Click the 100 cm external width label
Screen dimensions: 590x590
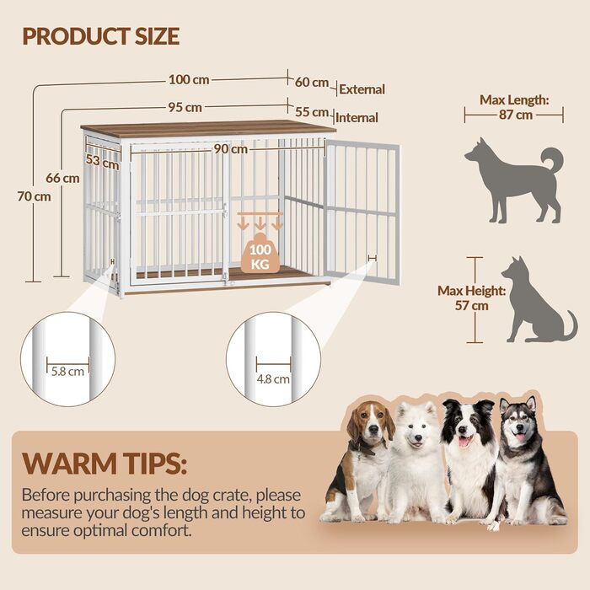189,80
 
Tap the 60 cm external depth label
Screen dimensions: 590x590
312,82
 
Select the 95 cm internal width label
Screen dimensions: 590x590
185,107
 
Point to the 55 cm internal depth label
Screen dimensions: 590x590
312,112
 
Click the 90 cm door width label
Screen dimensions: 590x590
231,149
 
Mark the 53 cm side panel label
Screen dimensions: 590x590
102,162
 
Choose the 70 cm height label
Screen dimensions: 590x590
34,196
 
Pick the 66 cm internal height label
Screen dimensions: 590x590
62,178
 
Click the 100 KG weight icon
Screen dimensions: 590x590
260,253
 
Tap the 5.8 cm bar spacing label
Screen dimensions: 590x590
67,372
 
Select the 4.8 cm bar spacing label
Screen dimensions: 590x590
273,379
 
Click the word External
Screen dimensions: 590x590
362,89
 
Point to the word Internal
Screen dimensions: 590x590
357,118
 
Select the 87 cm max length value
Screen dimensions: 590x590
516,115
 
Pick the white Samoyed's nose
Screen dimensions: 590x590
417,438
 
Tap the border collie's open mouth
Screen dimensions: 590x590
465,441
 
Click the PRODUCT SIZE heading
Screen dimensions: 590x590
101,36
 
